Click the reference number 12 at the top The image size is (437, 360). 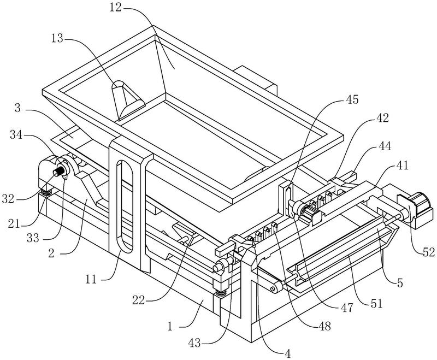tap(115, 8)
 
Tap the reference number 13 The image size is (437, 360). tap(57, 38)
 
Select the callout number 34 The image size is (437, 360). tap(16, 134)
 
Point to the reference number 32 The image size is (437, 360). tap(8, 199)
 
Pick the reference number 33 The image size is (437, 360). tap(33, 238)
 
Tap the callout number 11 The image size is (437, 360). tap(91, 279)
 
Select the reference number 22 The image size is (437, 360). tap(139, 300)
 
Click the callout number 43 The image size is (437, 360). tap(194, 343)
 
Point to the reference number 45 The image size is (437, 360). tap(352, 99)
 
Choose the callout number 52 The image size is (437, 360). tap(428, 252)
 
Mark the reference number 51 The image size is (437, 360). tap(376, 303)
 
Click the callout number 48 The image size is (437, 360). tap(324, 326)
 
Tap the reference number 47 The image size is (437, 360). tap(347, 308)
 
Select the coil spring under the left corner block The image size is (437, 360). tap(46, 192)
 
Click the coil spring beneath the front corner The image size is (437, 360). tap(221, 293)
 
